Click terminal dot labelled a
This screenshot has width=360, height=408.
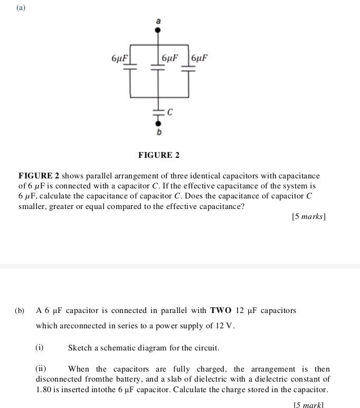(157, 30)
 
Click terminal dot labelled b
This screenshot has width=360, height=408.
(157, 122)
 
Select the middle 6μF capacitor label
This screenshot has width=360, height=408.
(170, 58)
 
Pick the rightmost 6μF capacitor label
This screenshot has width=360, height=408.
(200, 58)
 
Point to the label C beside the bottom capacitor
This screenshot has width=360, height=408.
(170, 112)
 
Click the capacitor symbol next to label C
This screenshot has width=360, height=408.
(157, 112)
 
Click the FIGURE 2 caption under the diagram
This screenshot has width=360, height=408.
(158, 155)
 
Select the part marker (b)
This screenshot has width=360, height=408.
(20, 310)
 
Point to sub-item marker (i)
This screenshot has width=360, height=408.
(40, 348)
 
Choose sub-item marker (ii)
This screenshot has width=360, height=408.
(41, 369)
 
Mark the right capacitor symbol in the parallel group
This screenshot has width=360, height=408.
(188, 67)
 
